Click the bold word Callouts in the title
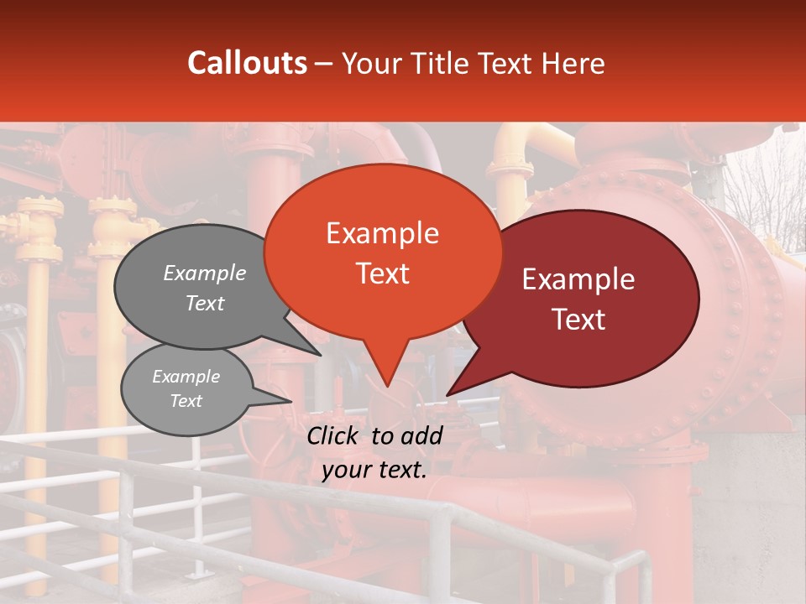click(x=247, y=63)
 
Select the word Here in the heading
click(x=573, y=63)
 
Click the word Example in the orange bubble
click(x=382, y=233)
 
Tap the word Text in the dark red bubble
click(x=579, y=319)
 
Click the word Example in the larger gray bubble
click(x=205, y=273)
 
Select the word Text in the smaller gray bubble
click(x=186, y=401)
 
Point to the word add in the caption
click(x=422, y=435)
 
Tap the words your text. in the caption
click(x=374, y=471)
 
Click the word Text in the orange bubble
click(x=382, y=273)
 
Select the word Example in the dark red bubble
click(x=578, y=279)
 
